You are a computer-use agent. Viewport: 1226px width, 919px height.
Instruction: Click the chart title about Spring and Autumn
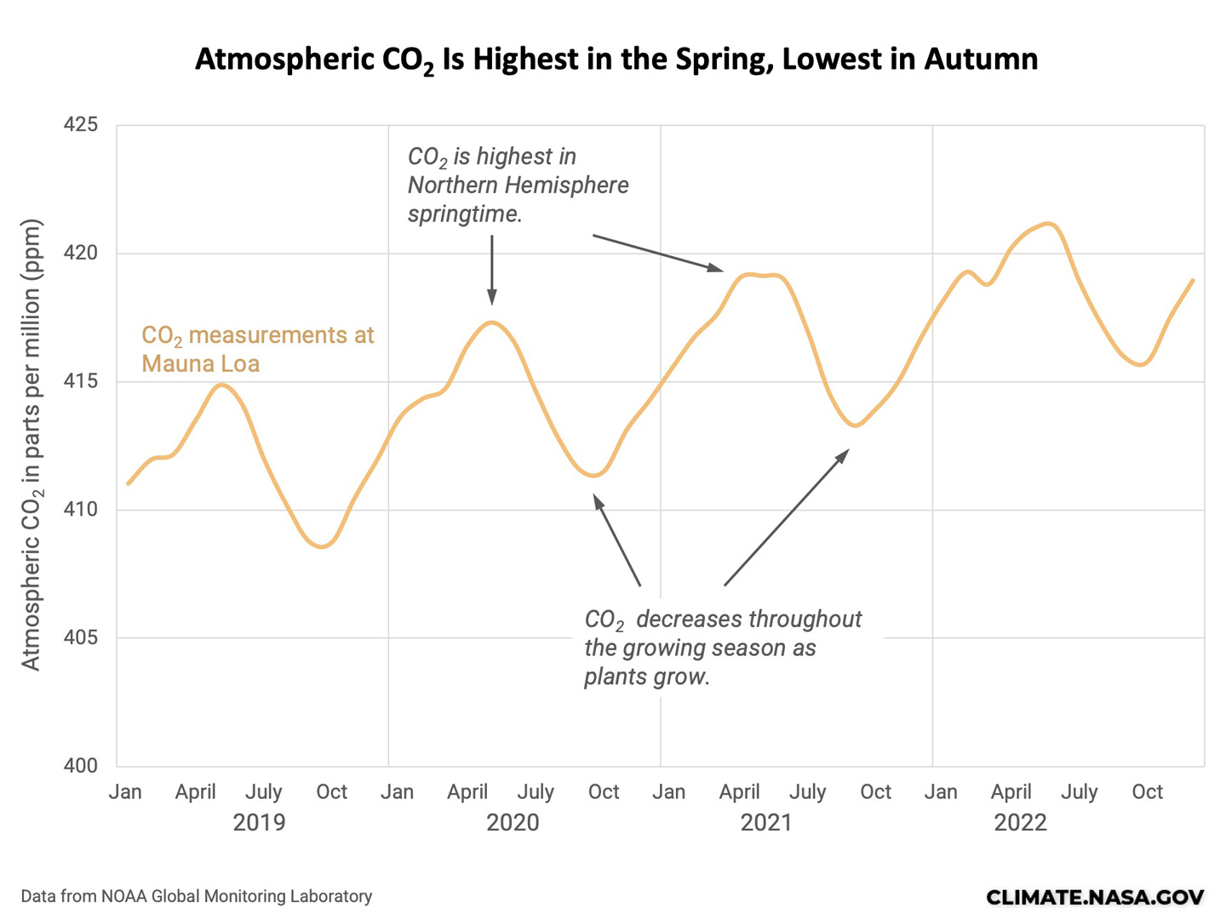[616, 60]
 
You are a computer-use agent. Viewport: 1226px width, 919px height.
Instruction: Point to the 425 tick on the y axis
[81, 125]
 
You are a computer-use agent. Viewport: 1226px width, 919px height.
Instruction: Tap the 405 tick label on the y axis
[81, 638]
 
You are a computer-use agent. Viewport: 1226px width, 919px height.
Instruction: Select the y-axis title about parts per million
[32, 445]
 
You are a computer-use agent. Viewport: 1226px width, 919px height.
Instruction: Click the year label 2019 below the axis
[259, 823]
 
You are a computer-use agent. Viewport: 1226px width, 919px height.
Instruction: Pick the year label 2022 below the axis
[1020, 823]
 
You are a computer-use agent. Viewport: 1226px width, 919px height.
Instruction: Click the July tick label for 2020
[536, 792]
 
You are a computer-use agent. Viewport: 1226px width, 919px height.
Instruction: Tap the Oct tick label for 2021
[875, 792]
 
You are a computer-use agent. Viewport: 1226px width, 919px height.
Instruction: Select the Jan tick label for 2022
[941, 792]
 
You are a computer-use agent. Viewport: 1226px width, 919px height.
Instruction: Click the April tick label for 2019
[195, 792]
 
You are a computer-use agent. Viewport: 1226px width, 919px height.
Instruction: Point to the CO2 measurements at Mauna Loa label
[257, 349]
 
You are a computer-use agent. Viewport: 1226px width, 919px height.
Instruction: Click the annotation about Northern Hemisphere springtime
[518, 185]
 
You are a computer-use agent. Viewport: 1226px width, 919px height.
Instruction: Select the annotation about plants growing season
[722, 648]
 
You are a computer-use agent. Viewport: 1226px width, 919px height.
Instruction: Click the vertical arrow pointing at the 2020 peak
[491, 270]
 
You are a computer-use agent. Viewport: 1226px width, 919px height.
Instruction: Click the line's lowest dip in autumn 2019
[322, 546]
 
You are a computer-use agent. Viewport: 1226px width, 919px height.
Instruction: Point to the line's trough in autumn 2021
[856, 425]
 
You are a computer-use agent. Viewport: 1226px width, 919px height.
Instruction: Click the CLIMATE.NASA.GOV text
[1095, 897]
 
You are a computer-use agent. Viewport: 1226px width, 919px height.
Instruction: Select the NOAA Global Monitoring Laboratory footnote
[197, 897]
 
